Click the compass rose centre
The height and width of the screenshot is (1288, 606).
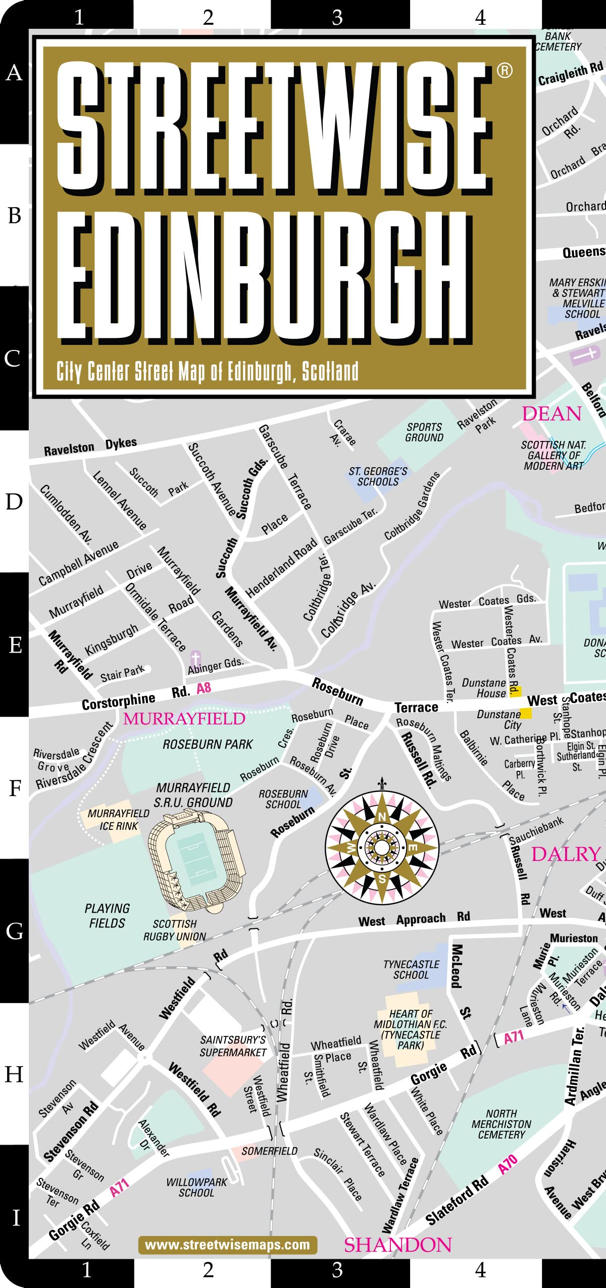(382, 847)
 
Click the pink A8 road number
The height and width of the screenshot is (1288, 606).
(204, 688)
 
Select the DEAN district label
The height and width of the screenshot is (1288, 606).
(551, 414)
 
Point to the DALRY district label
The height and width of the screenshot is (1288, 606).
(566, 854)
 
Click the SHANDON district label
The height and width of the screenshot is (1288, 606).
(398, 1245)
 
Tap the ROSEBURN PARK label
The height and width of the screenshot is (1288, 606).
(208, 745)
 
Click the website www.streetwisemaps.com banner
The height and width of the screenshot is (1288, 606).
(228, 1245)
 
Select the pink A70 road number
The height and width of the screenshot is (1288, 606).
(508, 1164)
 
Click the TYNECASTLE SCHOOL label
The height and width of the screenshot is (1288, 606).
(411, 970)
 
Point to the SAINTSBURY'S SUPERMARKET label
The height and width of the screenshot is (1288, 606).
(233, 1046)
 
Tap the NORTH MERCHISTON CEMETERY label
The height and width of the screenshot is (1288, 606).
(501, 1124)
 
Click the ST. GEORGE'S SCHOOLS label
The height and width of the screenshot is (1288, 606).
(378, 476)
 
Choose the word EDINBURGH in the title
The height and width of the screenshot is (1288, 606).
(263, 275)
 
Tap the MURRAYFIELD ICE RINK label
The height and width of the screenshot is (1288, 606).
(118, 819)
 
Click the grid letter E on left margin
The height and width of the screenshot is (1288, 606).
(15, 645)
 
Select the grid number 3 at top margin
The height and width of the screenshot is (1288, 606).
(337, 18)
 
